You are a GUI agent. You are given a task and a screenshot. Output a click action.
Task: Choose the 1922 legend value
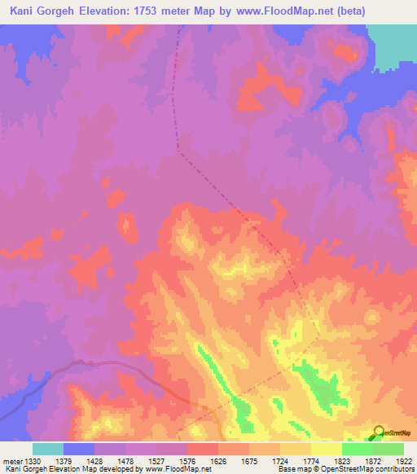[404, 461]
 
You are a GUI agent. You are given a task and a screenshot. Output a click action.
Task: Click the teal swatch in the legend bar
[48, 449]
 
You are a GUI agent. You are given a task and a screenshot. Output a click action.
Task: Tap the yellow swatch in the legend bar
[326, 449]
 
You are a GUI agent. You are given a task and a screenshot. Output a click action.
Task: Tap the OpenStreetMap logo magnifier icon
[380, 432]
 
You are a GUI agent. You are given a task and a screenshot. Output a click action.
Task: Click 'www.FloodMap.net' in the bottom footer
[167, 469]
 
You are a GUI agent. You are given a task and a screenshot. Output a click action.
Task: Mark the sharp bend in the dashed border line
[179, 151]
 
